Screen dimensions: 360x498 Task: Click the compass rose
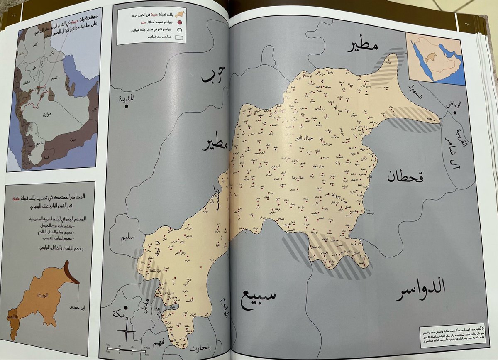tap(126, 331)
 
